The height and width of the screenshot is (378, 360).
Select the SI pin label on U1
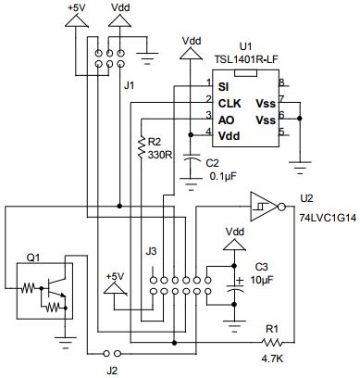[x=223, y=86]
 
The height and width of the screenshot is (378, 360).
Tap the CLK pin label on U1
[x=230, y=103]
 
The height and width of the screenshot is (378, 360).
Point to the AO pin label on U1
[x=225, y=120]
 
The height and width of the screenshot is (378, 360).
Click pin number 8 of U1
[x=279, y=83]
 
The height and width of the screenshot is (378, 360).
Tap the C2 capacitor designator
[x=212, y=163]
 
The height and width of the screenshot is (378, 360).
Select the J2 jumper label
[x=112, y=370]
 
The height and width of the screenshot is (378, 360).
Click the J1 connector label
[x=130, y=85]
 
